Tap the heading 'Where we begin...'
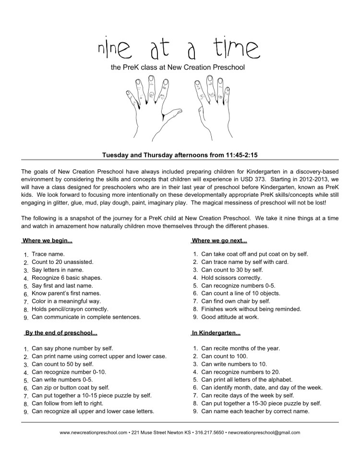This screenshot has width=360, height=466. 48,240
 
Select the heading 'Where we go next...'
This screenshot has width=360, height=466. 219,240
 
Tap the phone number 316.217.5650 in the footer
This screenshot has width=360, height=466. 209,432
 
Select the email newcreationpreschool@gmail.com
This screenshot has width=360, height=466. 264,432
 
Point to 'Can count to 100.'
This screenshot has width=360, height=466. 225,356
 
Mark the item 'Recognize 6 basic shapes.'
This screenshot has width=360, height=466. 67,278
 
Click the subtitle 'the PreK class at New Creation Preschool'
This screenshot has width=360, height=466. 178,68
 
